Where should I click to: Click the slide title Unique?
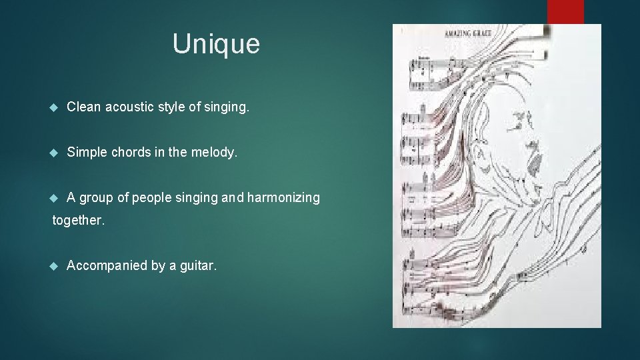click(x=216, y=44)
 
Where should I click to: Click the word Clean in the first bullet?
click(x=82, y=107)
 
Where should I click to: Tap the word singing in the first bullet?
click(x=227, y=107)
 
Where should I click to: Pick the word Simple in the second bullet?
click(x=85, y=152)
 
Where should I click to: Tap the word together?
click(x=79, y=220)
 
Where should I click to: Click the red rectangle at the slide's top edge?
click(x=565, y=11)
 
